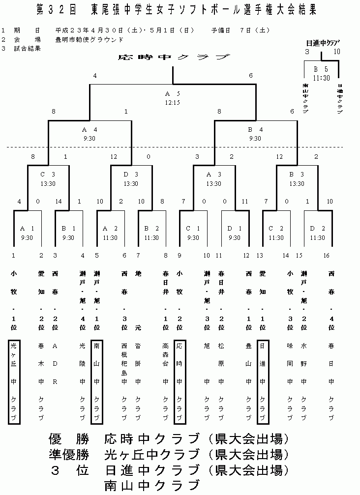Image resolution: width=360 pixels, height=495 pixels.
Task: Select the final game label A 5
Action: click(172, 94)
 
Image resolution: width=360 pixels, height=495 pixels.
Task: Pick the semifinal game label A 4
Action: click(90, 130)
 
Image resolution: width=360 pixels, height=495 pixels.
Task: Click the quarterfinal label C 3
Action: click(48, 175)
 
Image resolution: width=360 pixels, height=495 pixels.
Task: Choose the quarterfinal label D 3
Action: click(131, 175)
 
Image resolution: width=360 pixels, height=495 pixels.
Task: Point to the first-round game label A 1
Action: click(27, 229)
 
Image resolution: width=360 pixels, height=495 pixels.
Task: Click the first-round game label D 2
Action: click(317, 229)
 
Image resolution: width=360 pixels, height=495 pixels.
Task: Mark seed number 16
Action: click(326, 255)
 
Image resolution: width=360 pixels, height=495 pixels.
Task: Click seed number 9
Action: click(180, 255)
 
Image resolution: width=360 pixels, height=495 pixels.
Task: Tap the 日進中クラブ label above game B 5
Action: click(322, 43)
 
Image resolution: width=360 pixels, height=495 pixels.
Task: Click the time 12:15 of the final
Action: click(172, 103)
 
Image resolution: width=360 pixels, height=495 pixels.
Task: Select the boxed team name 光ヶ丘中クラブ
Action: click(14, 381)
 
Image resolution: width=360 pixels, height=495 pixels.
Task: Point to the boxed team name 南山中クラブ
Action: click(97, 381)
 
